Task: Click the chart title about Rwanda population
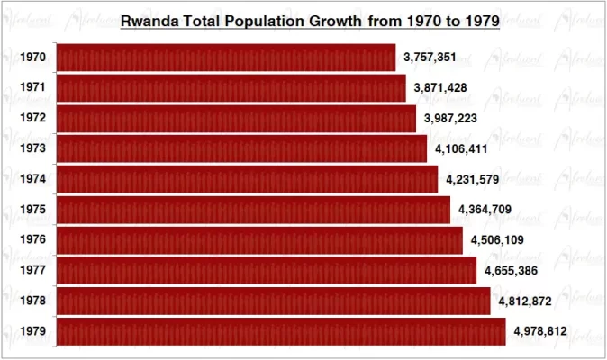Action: [310, 20]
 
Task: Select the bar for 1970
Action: [225, 58]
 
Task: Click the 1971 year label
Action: [33, 88]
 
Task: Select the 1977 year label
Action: [33, 271]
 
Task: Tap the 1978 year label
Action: [33, 301]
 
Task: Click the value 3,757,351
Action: [430, 58]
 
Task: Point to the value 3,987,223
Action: [450, 119]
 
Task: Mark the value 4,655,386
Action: [511, 271]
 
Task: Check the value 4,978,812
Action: [540, 331]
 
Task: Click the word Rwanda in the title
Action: [149, 20]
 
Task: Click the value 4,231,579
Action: [473, 180]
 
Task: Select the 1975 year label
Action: [33, 210]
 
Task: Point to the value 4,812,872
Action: [525, 301]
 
